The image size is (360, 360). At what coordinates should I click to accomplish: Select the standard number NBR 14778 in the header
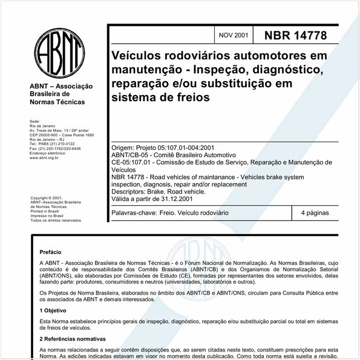coord(295,36)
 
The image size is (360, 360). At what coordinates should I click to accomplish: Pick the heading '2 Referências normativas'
coord(72,339)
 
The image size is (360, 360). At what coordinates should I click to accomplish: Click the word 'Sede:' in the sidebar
coord(34,122)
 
